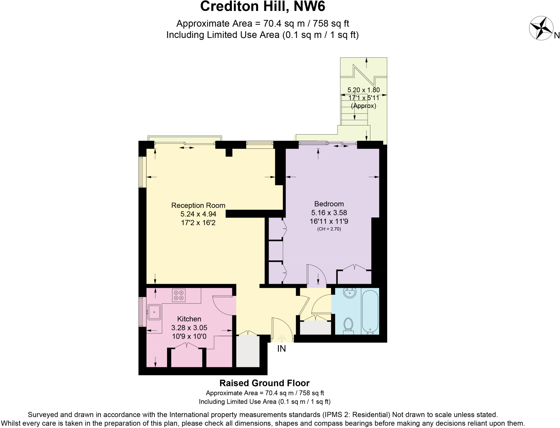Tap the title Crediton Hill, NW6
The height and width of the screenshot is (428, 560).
click(262, 7)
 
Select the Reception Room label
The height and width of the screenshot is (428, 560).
click(198, 205)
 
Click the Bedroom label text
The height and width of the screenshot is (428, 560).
click(329, 204)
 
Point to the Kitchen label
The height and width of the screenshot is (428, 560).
click(189, 319)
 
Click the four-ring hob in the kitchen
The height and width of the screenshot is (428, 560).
click(179, 295)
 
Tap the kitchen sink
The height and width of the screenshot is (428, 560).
click(154, 312)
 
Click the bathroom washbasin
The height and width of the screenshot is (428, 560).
click(350, 293)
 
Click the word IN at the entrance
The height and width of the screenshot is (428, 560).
click(281, 349)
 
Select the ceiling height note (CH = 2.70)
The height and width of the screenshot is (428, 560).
click(329, 229)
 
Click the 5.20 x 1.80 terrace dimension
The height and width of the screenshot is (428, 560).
click(364, 90)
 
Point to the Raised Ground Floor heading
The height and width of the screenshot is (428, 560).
click(265, 383)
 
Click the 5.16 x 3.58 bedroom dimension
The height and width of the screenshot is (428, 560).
click(329, 212)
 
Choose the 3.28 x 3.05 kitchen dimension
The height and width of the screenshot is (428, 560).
click(189, 328)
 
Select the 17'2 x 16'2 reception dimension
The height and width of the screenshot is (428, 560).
click(198, 223)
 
